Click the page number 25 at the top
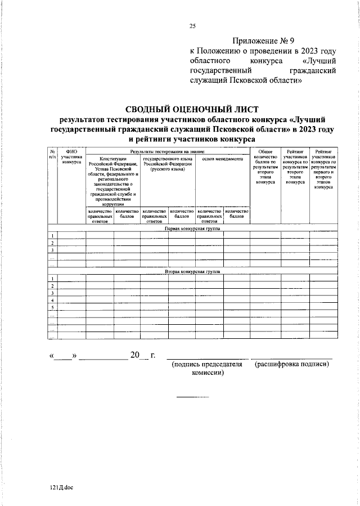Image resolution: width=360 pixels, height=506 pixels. tap(192, 26)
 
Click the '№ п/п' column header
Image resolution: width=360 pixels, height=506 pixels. tap(52, 154)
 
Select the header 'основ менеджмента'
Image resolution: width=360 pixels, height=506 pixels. tap(222, 159)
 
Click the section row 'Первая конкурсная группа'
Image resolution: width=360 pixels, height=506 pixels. tap(192, 229)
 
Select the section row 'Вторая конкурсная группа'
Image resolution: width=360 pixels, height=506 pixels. tap(192, 271)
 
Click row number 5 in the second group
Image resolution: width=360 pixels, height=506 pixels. tap(52, 308)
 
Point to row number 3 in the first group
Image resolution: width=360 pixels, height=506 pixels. tap(52, 250)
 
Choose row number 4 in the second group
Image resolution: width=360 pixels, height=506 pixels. tap(52, 301)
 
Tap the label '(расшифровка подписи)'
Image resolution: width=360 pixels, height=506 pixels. tap(291, 364)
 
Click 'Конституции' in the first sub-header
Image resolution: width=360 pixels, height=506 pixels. tap(113, 159)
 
